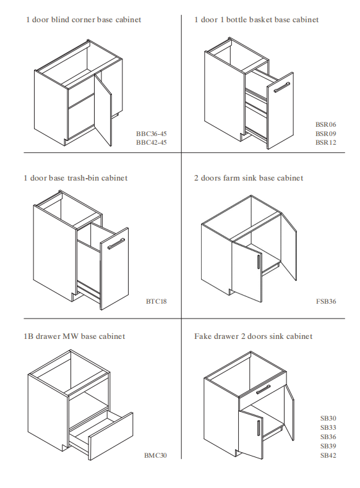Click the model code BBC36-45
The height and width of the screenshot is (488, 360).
click(151, 134)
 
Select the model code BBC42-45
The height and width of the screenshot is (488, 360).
click(151, 142)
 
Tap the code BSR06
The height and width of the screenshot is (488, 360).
click(326, 124)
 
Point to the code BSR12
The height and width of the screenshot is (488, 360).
click(326, 142)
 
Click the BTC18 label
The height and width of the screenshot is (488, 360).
click(156, 301)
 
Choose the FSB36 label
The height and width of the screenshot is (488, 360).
click(326, 301)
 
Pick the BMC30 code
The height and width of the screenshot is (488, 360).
click(155, 455)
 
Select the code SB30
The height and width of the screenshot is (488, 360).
click(328, 418)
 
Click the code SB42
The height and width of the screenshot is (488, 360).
click(328, 455)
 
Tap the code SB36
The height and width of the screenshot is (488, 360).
click(328, 437)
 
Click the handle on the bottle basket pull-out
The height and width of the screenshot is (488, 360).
click(282, 87)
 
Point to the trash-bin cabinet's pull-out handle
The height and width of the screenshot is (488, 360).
click(116, 244)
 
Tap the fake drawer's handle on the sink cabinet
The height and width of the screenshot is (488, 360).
click(263, 389)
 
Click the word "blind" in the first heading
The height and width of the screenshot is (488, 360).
click(59, 20)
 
